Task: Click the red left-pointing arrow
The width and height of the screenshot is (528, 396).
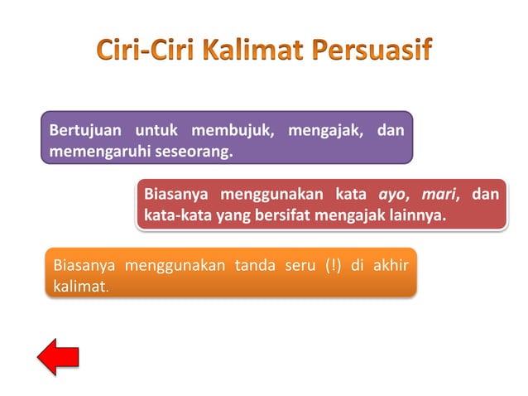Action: tap(58, 356)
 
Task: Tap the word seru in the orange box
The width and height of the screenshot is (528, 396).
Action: tap(290, 266)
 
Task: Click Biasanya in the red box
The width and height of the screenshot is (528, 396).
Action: tap(175, 196)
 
